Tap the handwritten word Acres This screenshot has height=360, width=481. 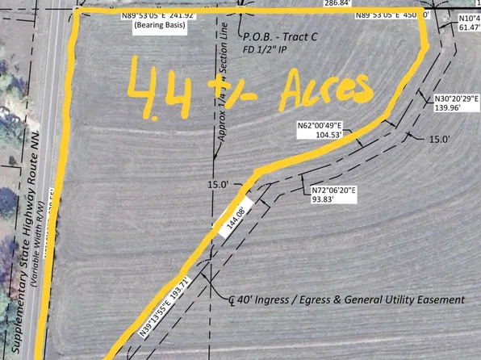(x=322, y=86)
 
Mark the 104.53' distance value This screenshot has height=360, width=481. (x=321, y=136)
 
